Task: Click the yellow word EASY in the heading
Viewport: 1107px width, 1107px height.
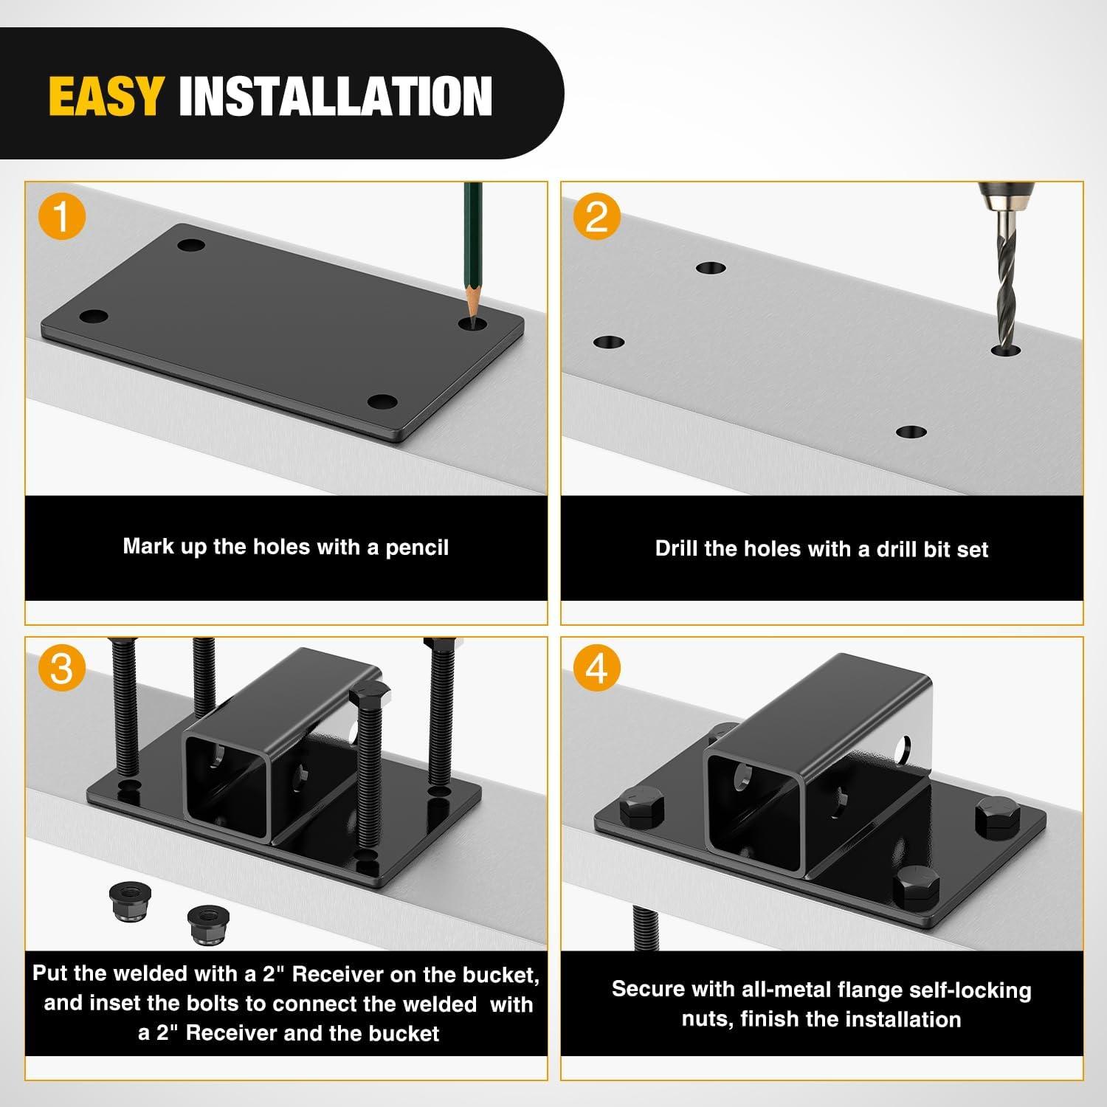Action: [x=106, y=96]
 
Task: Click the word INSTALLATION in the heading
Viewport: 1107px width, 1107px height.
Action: [x=336, y=96]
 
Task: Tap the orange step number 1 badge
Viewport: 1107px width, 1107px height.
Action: [x=62, y=218]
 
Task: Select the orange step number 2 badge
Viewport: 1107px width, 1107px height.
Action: [x=596, y=218]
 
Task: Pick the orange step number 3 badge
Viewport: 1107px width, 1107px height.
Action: [x=62, y=669]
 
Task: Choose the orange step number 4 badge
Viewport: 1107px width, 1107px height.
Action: [x=596, y=669]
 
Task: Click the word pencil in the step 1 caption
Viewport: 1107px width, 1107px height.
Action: [x=417, y=548]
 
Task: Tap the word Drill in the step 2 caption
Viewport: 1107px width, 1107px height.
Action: [x=675, y=548]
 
